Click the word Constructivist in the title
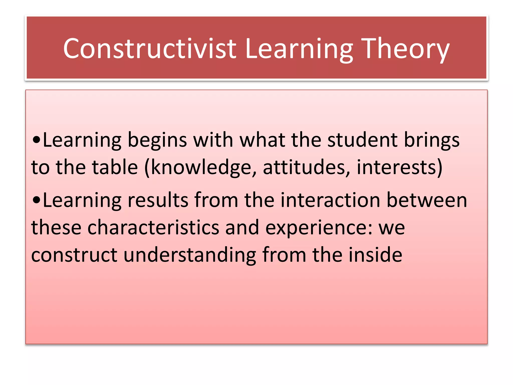150,48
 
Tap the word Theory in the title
406,48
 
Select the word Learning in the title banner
299,48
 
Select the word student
362,140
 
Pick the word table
115,167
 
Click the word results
158,200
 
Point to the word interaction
330,200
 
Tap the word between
427,200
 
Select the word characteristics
153,227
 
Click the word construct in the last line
74,255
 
